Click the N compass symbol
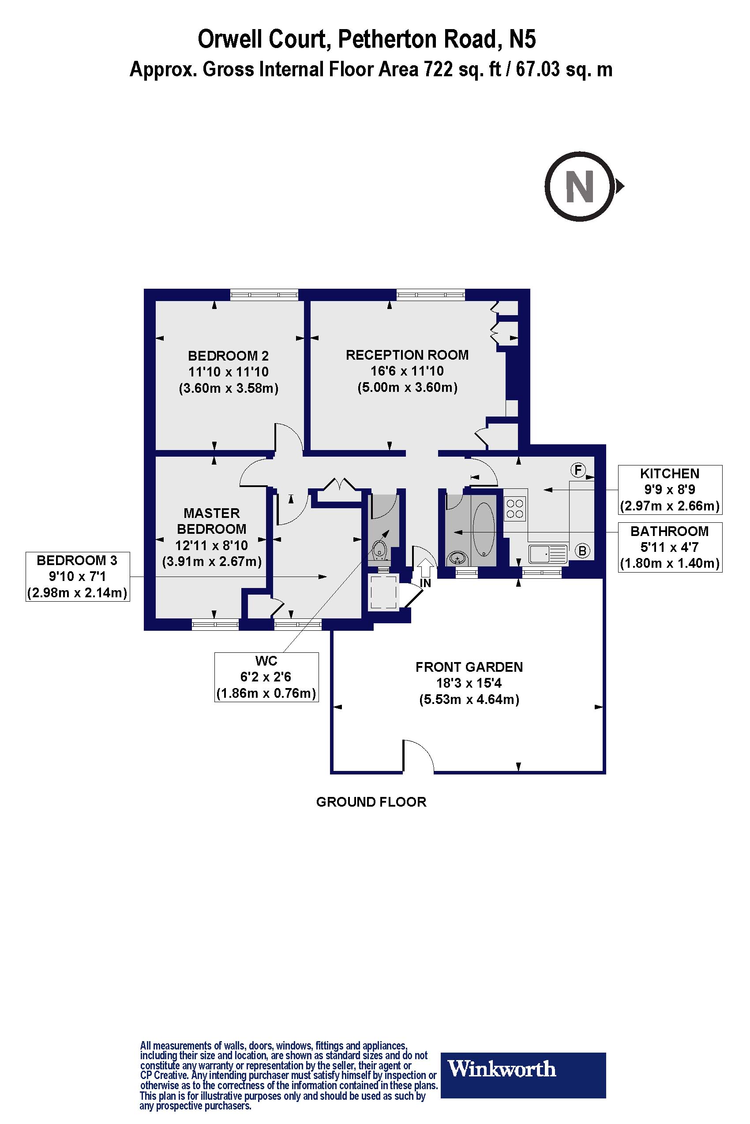[x=580, y=186]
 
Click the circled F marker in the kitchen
[x=578, y=470]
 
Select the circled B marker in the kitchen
[x=582, y=551]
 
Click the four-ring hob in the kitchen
[x=515, y=509]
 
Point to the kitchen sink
[x=547, y=555]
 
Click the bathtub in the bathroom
[x=484, y=529]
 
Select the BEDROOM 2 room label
[x=228, y=356]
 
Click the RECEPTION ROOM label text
[x=407, y=355]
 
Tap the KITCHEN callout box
[x=670, y=489]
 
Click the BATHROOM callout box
[x=670, y=547]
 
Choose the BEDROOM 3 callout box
[x=78, y=577]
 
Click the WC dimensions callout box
[x=266, y=677]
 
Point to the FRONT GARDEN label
[x=469, y=667]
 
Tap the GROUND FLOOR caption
[x=371, y=802]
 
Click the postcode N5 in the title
[x=522, y=39]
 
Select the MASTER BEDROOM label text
[x=211, y=521]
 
